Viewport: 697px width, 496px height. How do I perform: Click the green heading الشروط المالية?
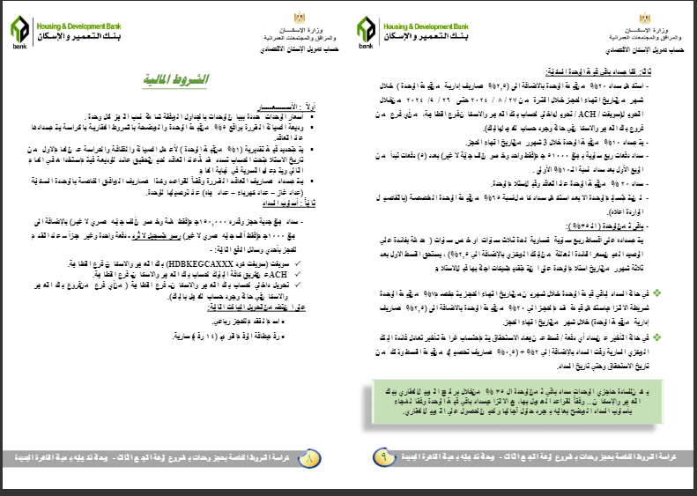(176, 79)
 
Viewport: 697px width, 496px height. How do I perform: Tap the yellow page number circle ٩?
(385, 458)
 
